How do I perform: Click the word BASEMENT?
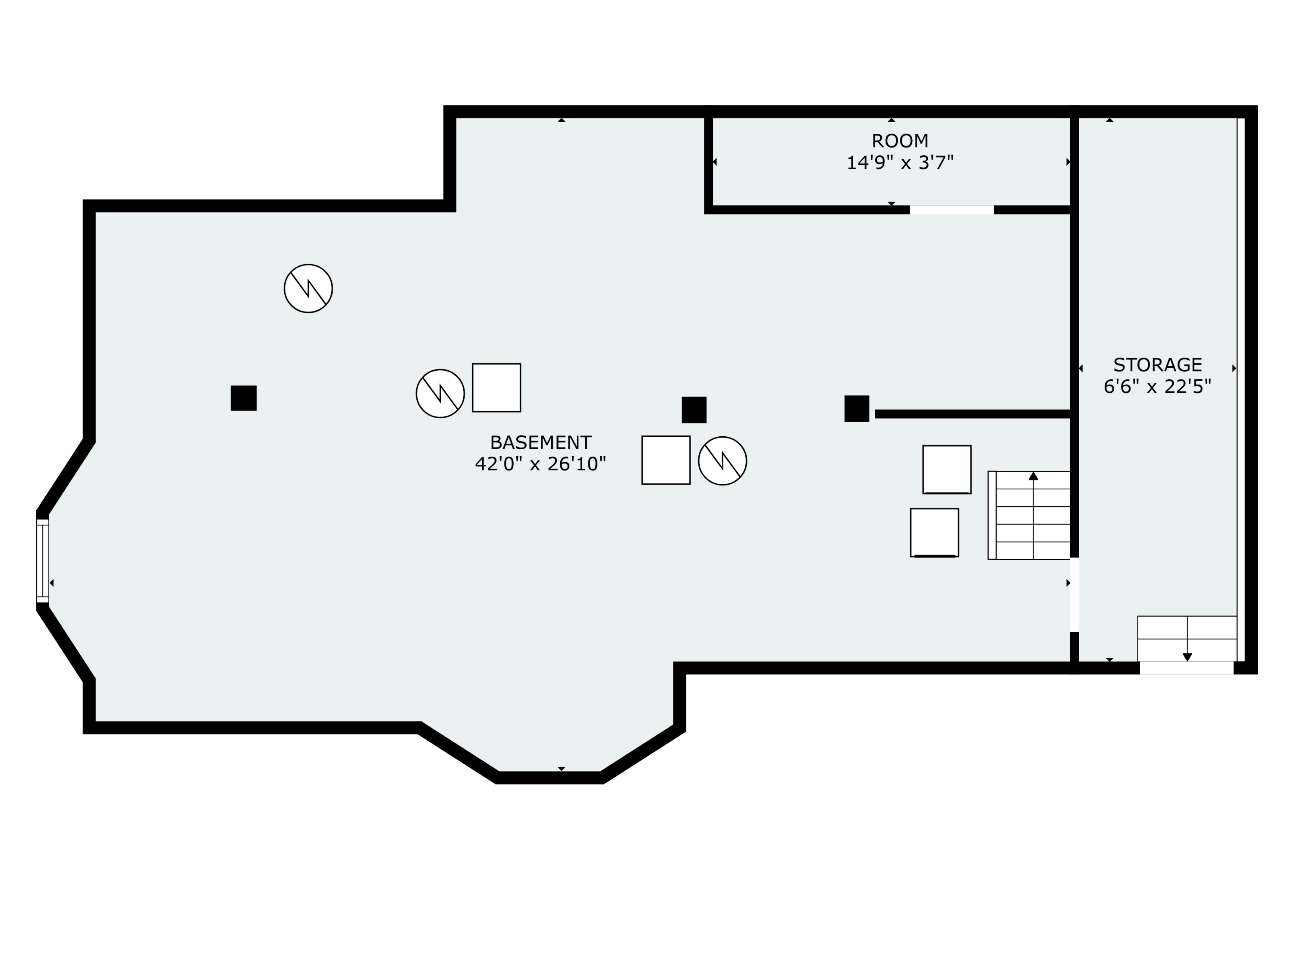(x=540, y=442)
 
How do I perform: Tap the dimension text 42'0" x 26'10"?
(x=540, y=464)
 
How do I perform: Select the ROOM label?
(x=900, y=141)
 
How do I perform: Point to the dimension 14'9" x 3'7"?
(x=900, y=163)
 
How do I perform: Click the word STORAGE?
(x=1157, y=365)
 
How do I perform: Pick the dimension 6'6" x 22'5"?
(x=1157, y=387)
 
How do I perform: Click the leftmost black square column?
(x=243, y=398)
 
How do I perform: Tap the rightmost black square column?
(x=857, y=409)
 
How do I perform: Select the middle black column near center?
(x=694, y=410)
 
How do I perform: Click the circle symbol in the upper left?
(x=308, y=289)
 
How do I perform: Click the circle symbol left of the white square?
(x=440, y=393)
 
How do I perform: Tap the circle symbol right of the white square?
(x=722, y=460)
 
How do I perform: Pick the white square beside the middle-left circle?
(x=496, y=388)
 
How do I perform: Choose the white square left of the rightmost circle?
(x=666, y=460)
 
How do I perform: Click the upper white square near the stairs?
(x=946, y=470)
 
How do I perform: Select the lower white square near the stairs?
(x=934, y=533)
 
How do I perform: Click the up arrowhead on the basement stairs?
(x=1033, y=476)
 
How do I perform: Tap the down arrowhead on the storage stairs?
(x=1187, y=657)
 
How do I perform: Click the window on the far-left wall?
(x=43, y=561)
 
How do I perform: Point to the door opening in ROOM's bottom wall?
(x=951, y=210)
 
